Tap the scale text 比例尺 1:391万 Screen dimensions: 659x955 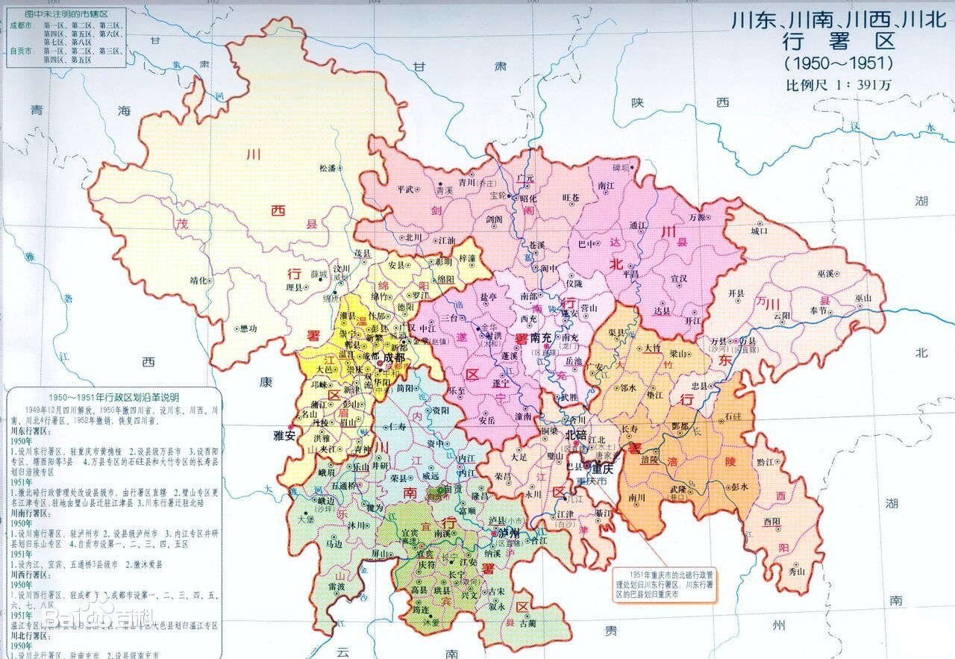click(x=838, y=84)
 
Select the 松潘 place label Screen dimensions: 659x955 click(x=328, y=169)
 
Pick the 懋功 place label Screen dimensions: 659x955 click(x=248, y=328)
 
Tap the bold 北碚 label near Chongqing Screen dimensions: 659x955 click(x=576, y=434)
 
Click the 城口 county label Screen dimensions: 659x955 click(x=760, y=232)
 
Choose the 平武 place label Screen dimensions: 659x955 click(x=406, y=190)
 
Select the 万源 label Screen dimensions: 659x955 click(x=698, y=216)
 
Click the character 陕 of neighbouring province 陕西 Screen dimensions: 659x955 click(x=636, y=103)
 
